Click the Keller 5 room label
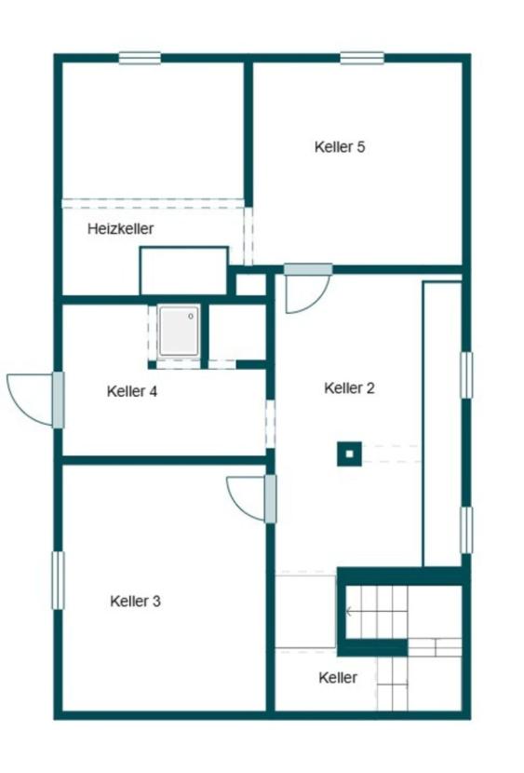click(340, 147)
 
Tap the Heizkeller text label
click(121, 229)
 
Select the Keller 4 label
click(132, 391)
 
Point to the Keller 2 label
click(349, 388)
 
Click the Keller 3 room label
click(135, 602)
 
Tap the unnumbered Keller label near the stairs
click(338, 677)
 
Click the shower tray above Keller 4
click(179, 331)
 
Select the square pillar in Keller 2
click(350, 454)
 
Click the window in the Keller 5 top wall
click(362, 58)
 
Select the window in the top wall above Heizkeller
click(140, 58)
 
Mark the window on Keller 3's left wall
click(58, 580)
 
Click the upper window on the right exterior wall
click(466, 374)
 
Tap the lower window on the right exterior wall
click(466, 530)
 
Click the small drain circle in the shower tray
click(191, 317)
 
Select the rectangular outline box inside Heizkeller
click(184, 271)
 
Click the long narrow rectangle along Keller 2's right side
click(442, 424)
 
